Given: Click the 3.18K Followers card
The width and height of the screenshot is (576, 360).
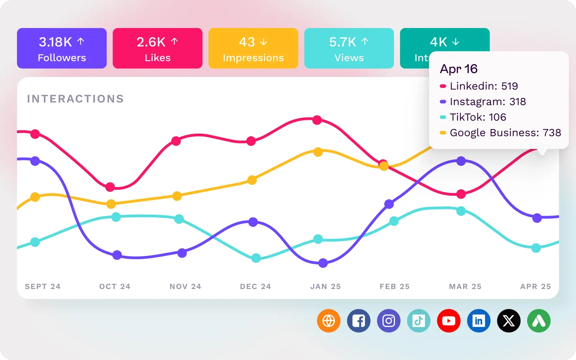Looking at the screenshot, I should click(62, 48).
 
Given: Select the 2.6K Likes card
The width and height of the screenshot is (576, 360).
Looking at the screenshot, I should click(157, 48).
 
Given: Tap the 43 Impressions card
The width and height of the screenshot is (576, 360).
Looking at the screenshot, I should click(253, 48).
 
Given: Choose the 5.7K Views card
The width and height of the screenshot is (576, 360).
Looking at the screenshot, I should click(349, 48).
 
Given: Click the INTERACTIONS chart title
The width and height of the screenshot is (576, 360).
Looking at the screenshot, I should click(75, 99).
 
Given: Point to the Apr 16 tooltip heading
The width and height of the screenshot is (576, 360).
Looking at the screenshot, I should click(459, 69).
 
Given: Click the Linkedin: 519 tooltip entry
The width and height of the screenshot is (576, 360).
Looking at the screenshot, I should click(484, 86).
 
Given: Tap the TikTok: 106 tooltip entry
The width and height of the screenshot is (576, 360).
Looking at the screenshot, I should click(478, 117).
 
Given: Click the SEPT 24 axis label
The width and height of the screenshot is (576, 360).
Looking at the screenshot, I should click(43, 286).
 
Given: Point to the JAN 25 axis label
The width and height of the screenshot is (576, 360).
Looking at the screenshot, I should click(325, 286).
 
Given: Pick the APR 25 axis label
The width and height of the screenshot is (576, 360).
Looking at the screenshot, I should click(535, 286).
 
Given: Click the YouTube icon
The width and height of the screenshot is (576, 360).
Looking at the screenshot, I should click(449, 321).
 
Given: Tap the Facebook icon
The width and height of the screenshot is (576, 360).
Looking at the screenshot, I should click(359, 321).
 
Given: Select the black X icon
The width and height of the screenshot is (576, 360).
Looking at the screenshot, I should click(509, 321).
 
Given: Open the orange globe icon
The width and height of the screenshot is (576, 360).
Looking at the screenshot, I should click(329, 321).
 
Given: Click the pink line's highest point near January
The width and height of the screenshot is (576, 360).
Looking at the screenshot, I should click(317, 120).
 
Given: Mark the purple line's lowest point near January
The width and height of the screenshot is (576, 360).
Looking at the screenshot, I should click(323, 263).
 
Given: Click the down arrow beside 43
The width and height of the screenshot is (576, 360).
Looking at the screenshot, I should click(264, 42).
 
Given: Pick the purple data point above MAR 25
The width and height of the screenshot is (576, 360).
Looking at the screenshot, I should click(461, 161).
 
